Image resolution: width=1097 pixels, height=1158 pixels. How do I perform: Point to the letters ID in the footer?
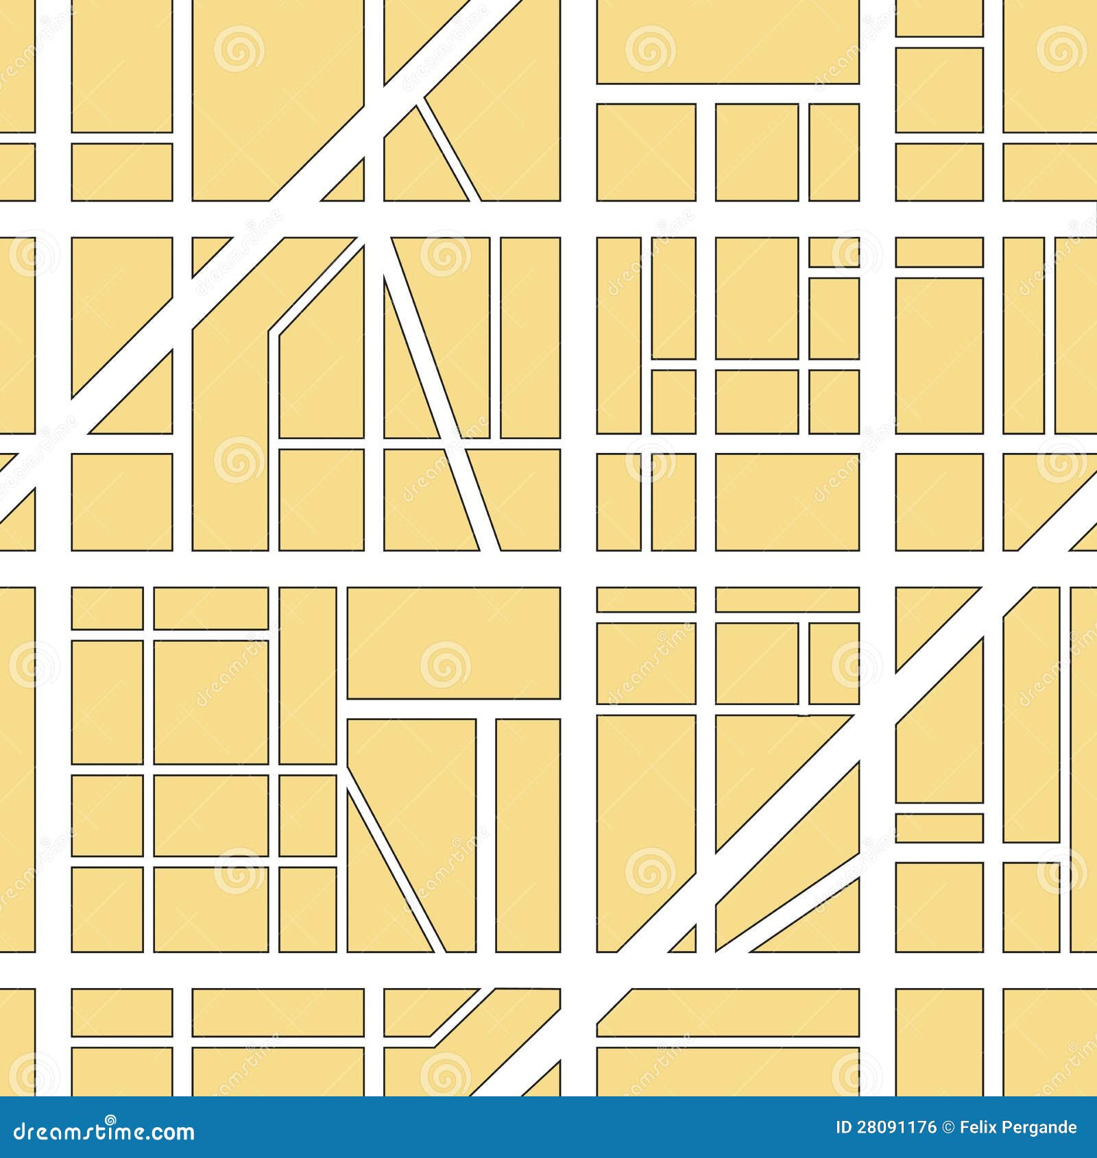(844, 1127)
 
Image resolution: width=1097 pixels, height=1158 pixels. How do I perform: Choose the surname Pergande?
(1041, 1127)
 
